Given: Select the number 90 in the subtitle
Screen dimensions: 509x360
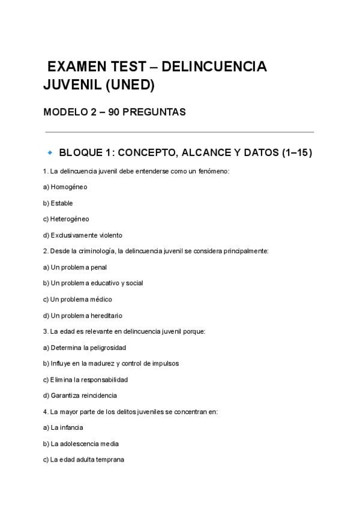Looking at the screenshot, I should tap(115, 112).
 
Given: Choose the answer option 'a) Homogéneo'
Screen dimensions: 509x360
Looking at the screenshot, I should tap(65, 187).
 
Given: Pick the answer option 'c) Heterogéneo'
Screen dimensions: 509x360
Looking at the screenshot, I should tap(66, 219).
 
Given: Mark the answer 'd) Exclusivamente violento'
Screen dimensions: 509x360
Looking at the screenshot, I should tap(82, 235).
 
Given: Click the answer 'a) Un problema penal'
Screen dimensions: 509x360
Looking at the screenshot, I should tap(74, 267).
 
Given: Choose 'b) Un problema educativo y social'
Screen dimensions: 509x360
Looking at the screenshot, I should tap(92, 283).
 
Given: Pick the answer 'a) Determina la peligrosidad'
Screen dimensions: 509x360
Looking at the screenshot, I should tap(84, 348).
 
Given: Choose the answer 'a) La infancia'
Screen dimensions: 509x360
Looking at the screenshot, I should tap(63, 428).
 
